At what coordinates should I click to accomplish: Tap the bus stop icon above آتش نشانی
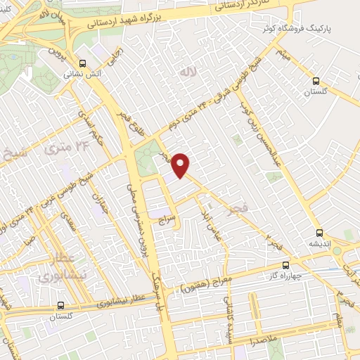coord(84,62)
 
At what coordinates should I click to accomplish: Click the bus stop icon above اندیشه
coord(320,233)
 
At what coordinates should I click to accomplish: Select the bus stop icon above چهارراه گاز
coord(285,265)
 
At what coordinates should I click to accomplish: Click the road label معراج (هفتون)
coord(202,286)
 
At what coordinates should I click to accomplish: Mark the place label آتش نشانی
coord(83,72)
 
